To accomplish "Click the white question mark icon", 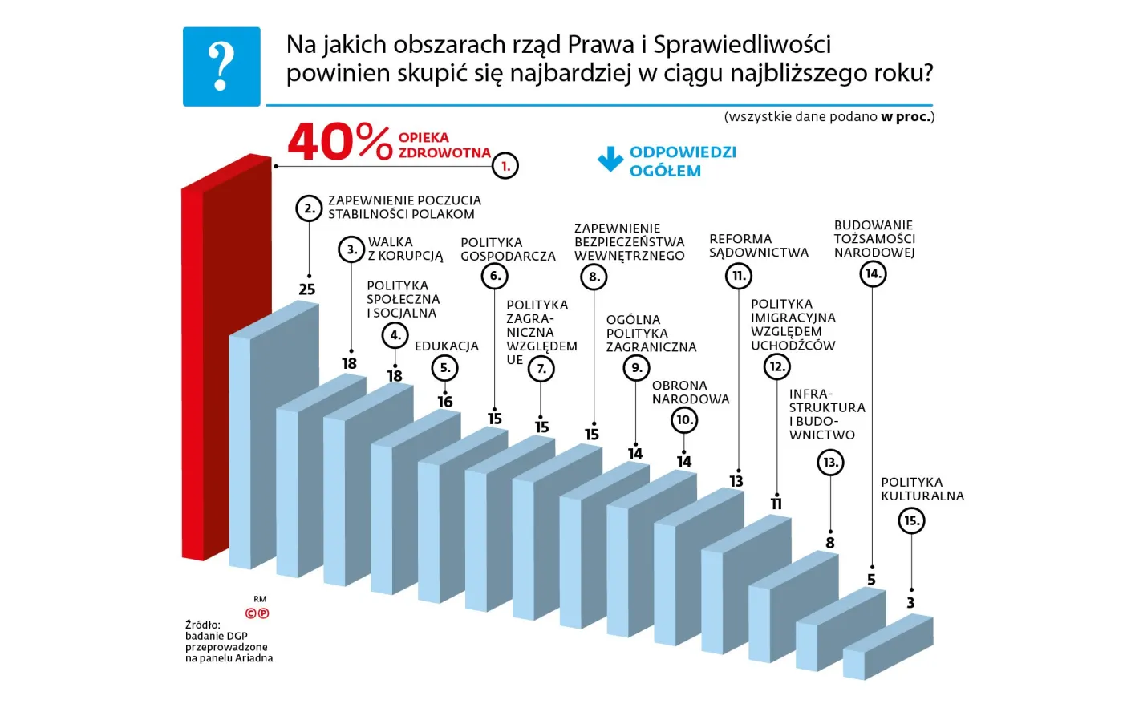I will point(221,67).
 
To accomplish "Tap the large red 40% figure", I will point(339,143).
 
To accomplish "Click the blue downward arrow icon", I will point(610,160).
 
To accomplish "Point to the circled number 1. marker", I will point(505,166).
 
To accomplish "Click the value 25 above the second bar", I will point(307,289).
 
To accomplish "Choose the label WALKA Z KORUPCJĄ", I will point(405,249).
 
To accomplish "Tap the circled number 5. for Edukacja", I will point(445,368).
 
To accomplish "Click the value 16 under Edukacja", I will point(445,402).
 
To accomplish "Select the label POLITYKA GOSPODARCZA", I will point(508,249).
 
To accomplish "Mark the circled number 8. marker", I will point(594,277).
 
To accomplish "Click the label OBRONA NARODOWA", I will point(691,392).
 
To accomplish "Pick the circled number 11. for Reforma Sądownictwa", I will point(739,277).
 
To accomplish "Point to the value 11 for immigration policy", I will point(776,504).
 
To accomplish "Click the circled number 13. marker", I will point(830,462).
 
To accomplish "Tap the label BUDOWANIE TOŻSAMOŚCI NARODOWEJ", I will point(874,239).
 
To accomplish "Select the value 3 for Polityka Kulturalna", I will point(910,603).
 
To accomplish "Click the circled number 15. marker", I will point(911,520).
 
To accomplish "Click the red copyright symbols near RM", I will point(257,613).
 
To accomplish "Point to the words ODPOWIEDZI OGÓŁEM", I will point(683,161).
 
